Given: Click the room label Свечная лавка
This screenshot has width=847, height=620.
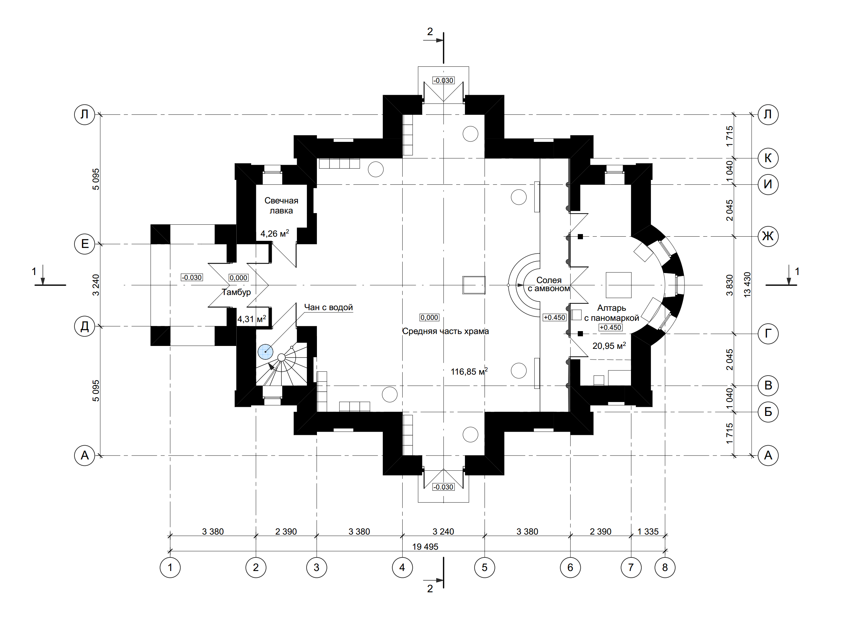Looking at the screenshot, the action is (x=281, y=206).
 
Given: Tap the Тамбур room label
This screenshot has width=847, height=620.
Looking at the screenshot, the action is (x=236, y=292).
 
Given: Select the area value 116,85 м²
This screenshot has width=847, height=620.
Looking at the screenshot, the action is (x=469, y=371).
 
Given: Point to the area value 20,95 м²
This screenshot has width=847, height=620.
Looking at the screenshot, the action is (x=609, y=345).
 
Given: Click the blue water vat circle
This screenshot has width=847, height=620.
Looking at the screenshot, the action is (x=265, y=352).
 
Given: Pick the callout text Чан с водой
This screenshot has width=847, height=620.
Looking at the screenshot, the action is (x=328, y=307).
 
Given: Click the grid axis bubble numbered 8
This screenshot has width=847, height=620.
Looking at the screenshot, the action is (x=665, y=567).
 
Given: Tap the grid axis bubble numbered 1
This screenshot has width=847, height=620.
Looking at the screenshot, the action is (x=170, y=567).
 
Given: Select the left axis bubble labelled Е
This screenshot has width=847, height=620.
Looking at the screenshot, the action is (x=85, y=244).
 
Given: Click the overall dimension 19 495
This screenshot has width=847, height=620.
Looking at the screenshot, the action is (x=425, y=546).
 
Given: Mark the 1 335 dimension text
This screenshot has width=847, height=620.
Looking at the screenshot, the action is (x=648, y=531).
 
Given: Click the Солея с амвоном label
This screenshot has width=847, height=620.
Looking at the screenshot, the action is (x=549, y=284).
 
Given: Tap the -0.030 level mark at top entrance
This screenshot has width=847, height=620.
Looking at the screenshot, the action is (x=444, y=80).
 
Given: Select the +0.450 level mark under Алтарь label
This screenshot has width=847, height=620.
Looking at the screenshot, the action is (x=611, y=327).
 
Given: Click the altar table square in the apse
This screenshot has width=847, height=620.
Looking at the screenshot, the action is (x=618, y=285).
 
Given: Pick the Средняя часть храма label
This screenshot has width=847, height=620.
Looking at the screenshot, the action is (x=446, y=331).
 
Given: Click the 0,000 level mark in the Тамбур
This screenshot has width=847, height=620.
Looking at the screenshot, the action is (x=238, y=278).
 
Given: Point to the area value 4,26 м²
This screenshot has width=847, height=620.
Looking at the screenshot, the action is (x=275, y=233).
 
